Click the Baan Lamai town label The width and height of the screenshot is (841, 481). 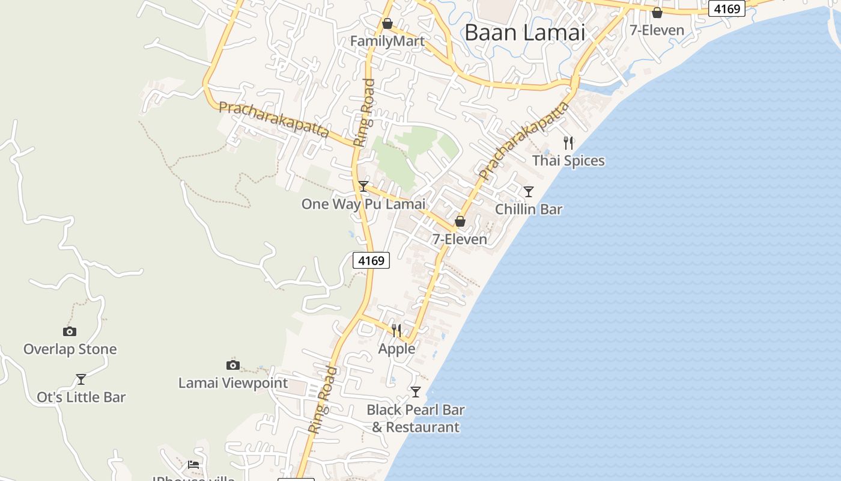[524, 32]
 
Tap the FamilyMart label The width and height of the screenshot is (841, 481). [387, 41]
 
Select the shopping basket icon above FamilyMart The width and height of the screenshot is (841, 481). [387, 23]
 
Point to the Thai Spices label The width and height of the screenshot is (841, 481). [568, 161]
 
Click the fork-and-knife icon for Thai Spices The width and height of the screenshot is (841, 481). [568, 143]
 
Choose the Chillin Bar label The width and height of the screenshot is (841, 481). [529, 209]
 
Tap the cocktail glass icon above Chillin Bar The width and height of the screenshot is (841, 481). [529, 192]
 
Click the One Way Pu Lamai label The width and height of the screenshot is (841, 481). [363, 204]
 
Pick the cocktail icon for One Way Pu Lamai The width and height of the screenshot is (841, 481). [363, 186]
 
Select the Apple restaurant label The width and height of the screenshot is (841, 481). [396, 349]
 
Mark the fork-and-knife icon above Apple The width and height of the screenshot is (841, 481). [396, 331]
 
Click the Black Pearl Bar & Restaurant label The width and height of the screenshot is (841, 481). [416, 418]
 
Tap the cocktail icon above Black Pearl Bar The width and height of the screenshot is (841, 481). [416, 392]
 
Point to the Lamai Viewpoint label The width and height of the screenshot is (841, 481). [233, 383]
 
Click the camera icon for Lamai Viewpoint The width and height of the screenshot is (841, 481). [233, 365]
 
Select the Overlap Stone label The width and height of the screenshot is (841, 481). [70, 349]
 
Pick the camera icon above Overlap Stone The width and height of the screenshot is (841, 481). [70, 331]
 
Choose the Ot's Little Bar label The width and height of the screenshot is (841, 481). [81, 397]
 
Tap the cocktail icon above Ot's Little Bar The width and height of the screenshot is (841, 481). [81, 379]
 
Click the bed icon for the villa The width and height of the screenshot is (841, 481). [193, 464]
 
